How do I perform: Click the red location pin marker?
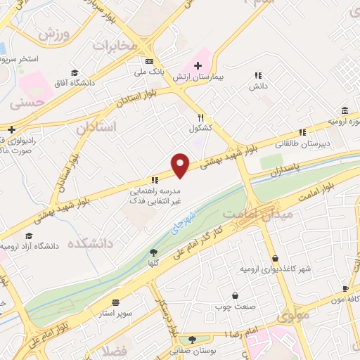click(181, 165)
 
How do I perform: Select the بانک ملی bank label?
click(150, 72)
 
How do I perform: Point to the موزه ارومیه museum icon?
click(344, 111)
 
